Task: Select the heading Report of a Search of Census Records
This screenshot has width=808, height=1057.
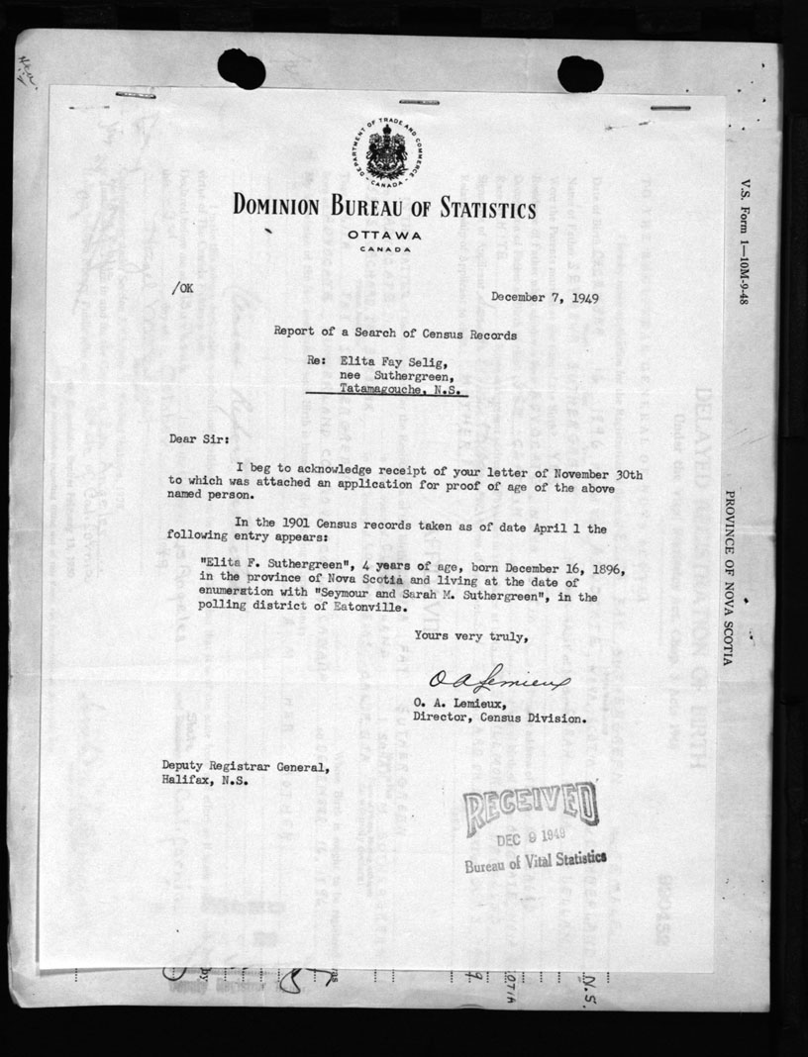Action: (x=395, y=335)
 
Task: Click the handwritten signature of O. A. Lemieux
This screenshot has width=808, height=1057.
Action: (x=487, y=680)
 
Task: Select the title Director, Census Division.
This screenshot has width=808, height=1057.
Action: (x=499, y=720)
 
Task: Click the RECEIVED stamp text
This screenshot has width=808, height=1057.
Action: (x=531, y=806)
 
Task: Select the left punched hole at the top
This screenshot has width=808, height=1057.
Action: (x=241, y=69)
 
